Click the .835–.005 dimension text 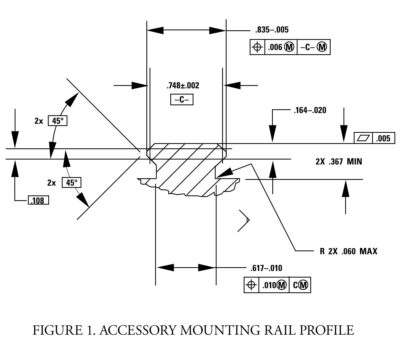click(272, 30)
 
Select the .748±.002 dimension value click(183, 86)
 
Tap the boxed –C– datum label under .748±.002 click(182, 100)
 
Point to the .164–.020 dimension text click(310, 110)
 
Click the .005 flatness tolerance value click(383, 138)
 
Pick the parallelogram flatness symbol click(363, 138)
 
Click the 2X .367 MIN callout click(339, 162)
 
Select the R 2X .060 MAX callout click(349, 251)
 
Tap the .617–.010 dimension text click(266, 268)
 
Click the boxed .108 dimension click(38, 200)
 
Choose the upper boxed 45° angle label click(58, 121)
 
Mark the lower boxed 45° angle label click(72, 182)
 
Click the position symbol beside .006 click(257, 47)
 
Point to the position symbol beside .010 click(251, 285)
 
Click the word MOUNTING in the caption click(220, 330)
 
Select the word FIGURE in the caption click(57, 330)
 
